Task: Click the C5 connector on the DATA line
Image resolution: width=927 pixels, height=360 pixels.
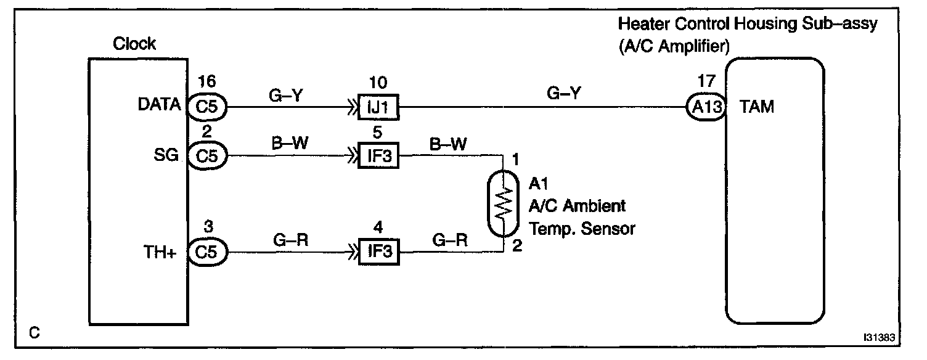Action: (208, 107)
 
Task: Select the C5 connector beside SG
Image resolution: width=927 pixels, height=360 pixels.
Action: (208, 155)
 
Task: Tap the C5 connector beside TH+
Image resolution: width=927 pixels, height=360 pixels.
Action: (208, 253)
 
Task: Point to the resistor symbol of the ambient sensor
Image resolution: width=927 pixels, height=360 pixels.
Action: (504, 204)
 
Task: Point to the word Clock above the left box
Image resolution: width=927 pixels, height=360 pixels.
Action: (134, 44)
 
